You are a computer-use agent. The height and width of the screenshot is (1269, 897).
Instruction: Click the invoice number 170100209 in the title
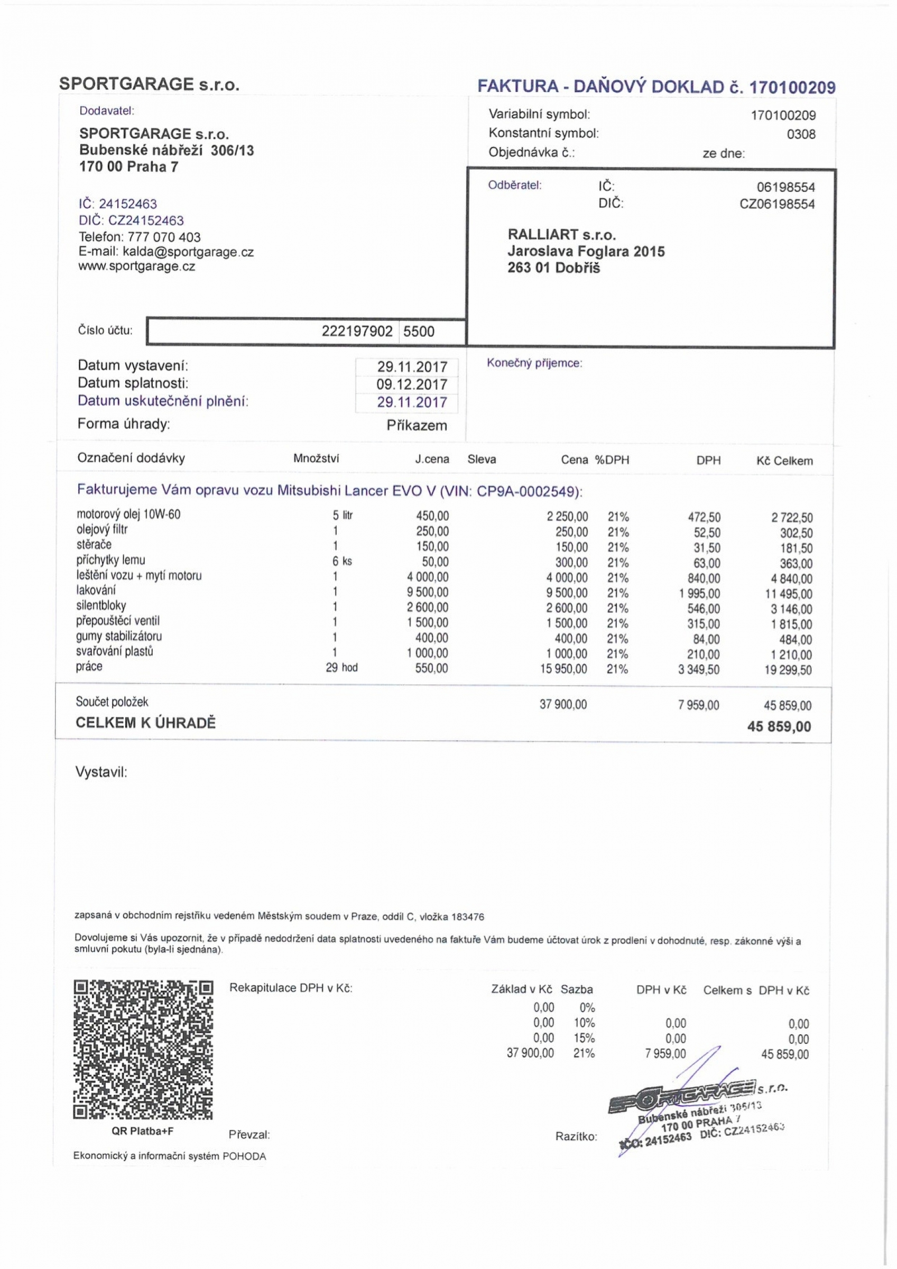click(792, 88)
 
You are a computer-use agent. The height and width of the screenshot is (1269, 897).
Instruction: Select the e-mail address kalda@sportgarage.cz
click(188, 252)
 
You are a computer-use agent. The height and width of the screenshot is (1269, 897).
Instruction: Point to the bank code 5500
click(419, 332)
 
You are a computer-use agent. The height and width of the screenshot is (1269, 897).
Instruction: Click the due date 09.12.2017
click(412, 385)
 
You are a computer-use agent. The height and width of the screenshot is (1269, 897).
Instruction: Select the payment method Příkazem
click(417, 426)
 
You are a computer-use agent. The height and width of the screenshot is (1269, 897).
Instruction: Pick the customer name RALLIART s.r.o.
click(561, 234)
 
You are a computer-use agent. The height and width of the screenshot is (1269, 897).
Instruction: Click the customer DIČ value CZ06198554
click(777, 205)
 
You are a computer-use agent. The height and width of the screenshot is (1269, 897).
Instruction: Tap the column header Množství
click(316, 458)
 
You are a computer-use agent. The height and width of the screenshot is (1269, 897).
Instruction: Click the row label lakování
click(96, 590)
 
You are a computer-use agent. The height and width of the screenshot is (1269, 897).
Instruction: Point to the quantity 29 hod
click(341, 668)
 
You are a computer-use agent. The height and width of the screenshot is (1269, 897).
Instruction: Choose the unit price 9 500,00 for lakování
click(428, 593)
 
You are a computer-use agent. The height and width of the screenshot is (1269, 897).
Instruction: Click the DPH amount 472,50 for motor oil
click(704, 517)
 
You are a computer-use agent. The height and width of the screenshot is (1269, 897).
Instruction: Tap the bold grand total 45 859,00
click(779, 727)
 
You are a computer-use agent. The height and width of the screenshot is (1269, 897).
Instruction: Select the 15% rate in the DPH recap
click(584, 1038)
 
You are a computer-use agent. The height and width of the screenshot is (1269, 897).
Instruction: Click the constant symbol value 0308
click(801, 134)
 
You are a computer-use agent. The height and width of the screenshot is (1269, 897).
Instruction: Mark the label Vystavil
click(101, 772)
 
